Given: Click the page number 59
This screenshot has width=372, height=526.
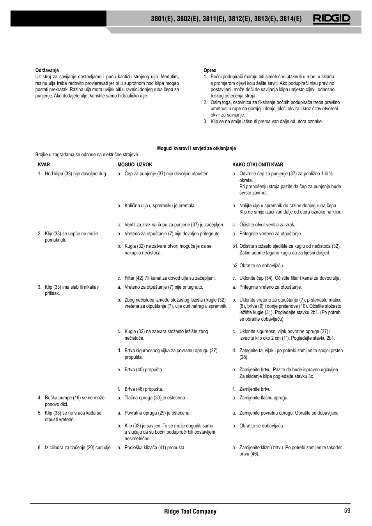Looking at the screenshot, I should coord(347,511).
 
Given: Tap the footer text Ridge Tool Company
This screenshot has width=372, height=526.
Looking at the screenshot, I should coord(190,511).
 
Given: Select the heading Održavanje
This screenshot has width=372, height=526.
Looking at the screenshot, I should coord(47,71).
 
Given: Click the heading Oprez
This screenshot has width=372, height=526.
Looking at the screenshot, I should coord(210,71).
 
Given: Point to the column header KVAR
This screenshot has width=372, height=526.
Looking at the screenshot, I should coord(44,165).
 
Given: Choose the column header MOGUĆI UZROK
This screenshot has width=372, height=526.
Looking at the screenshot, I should coord(135,165).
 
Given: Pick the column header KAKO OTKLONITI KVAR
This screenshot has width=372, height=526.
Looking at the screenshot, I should coord(258,165).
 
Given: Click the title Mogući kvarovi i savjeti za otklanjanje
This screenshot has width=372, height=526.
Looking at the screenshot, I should coord(196,148).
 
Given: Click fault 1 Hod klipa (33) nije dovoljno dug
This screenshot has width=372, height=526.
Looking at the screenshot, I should coord(76,174).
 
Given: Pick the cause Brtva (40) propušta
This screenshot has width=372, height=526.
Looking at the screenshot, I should coord(143,370).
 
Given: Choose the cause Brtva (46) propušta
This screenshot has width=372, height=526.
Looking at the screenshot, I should coord(143,389).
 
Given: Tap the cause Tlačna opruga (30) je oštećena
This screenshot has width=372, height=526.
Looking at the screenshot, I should coord(155,398).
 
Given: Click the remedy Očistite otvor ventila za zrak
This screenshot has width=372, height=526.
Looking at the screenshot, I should coord(267,225).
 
